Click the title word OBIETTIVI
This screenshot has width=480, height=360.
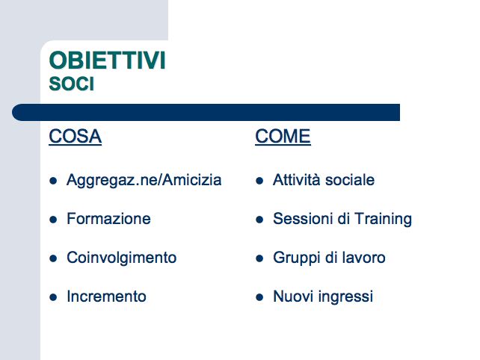tap(107, 60)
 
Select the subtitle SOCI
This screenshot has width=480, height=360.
tap(71, 84)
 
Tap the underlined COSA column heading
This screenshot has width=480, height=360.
tap(75, 137)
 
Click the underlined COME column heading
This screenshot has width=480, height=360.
tap(283, 137)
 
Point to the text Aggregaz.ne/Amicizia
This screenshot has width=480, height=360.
tap(144, 180)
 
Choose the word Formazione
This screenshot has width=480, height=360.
tap(108, 219)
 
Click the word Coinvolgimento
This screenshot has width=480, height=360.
tap(122, 258)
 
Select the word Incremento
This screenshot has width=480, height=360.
tap(106, 297)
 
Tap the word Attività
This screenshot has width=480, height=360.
tap(296, 179)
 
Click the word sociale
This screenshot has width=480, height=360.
tap(350, 179)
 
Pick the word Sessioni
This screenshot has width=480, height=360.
tap(302, 219)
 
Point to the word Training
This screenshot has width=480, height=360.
tap(383, 220)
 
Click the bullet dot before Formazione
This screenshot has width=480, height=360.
tap(53, 220)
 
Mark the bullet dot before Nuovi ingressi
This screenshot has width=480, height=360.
tap(259, 297)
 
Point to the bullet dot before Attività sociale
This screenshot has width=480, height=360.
tap(259, 181)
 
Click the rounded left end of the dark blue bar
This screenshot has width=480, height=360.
tap(14, 112)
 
